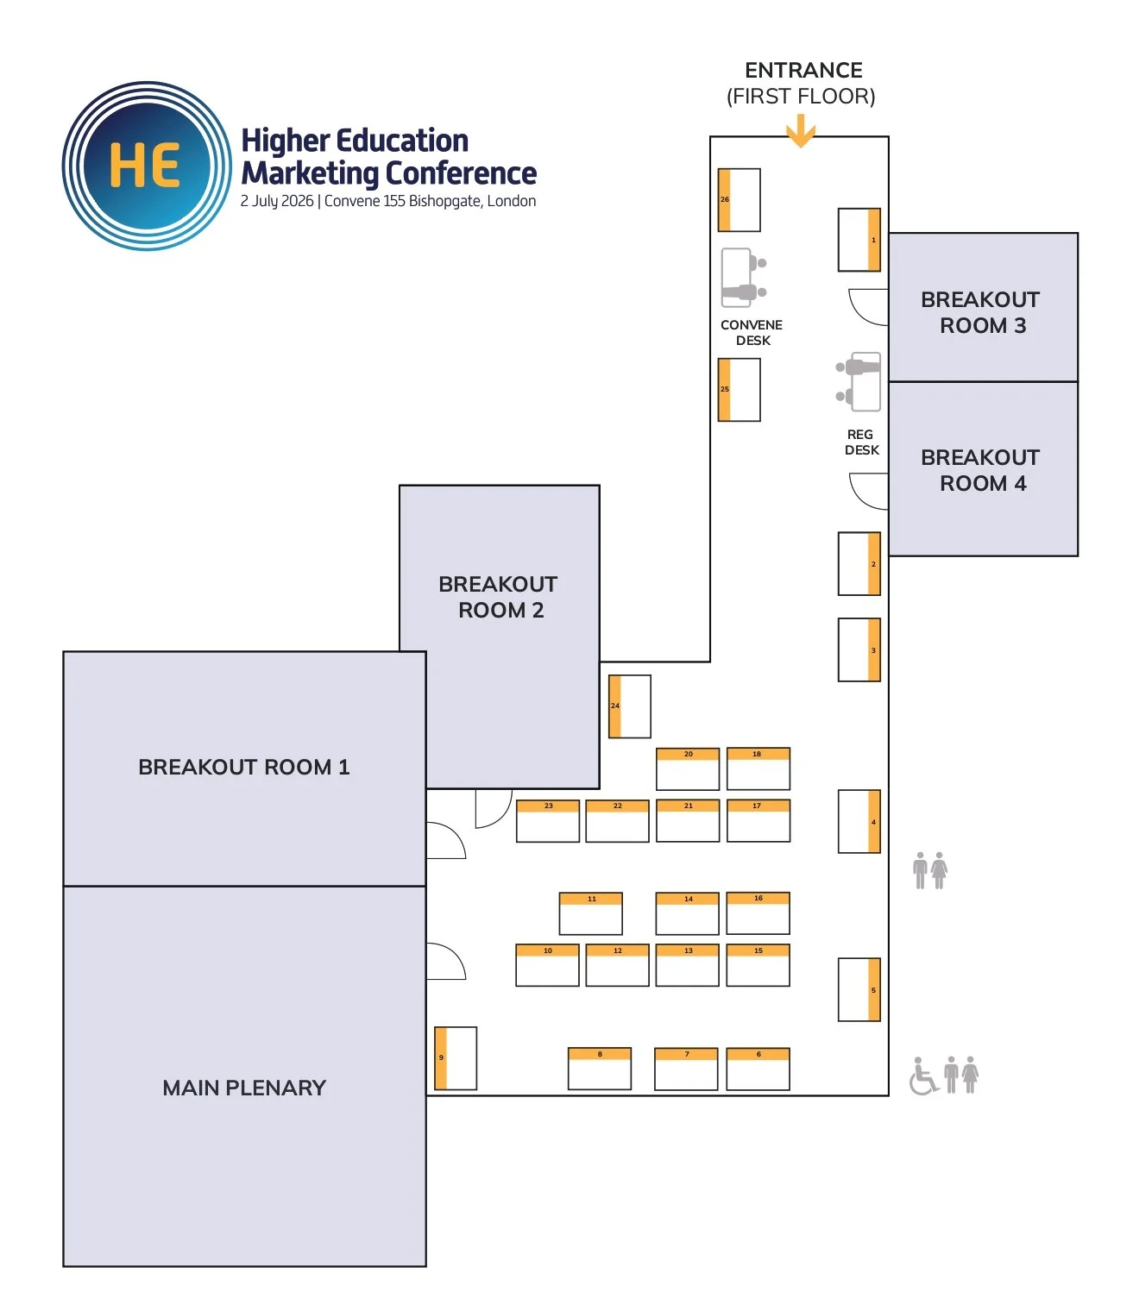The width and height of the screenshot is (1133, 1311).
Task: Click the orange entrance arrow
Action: point(801,132)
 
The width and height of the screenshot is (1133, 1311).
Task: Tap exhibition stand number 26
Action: point(739,200)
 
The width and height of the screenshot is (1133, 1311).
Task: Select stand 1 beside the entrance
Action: point(859,240)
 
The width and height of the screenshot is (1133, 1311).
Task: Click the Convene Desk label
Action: point(752,332)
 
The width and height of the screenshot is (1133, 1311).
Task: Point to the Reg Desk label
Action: point(861,442)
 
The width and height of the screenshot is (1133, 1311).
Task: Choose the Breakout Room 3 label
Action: point(981,312)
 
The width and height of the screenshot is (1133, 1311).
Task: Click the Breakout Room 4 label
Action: point(981,470)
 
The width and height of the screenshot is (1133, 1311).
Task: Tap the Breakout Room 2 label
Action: point(499,597)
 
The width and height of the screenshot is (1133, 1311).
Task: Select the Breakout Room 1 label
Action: point(244,767)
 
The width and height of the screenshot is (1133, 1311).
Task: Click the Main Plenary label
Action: point(244,1088)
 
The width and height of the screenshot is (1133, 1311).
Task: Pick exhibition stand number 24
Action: point(630,706)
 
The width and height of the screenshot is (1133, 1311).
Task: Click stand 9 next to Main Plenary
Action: point(456,1058)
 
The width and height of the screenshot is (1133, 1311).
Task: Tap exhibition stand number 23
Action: point(548,821)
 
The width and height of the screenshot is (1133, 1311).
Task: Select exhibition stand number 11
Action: point(591,913)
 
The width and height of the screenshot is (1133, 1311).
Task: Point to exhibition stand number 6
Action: point(758,1069)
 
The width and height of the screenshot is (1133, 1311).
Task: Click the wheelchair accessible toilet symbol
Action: point(923,1076)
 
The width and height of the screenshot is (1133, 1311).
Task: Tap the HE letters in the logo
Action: point(145,166)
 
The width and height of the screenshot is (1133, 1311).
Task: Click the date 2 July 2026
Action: point(276,201)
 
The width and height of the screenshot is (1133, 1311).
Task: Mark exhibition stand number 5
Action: point(859,990)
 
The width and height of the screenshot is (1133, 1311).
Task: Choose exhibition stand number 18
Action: point(758,768)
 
